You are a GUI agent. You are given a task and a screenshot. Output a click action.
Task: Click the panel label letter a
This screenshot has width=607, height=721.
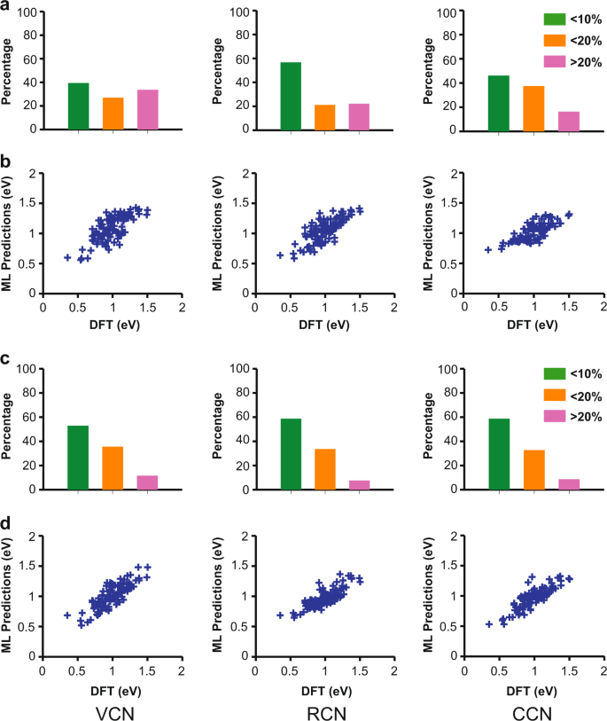pos(6,6)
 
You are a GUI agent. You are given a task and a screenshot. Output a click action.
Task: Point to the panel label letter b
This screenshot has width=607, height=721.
pos(7,164)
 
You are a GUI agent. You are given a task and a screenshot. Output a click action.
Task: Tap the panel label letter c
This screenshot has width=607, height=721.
pos(6,361)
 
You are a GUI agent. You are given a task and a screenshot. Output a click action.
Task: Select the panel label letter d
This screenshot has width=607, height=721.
pos(7,526)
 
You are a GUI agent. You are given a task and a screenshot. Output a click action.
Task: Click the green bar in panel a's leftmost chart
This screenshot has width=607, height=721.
pos(79,106)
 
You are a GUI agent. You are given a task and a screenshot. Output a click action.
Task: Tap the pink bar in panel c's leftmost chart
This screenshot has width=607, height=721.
pos(147,482)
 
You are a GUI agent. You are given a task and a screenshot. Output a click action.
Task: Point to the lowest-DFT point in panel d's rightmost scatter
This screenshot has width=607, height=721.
pos(489,624)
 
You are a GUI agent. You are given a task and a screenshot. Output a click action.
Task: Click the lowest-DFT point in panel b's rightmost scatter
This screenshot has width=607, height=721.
pos(488,249)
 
